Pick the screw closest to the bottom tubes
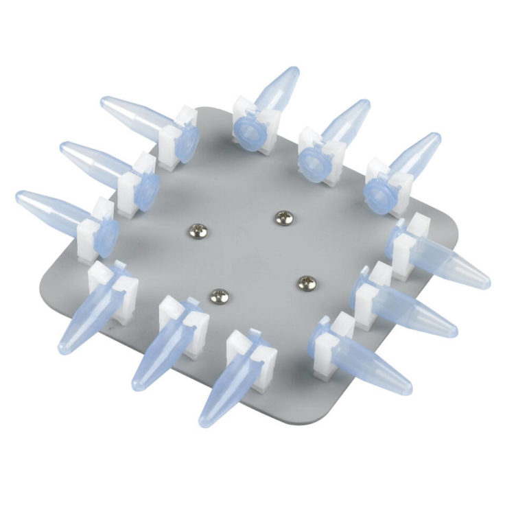point(218,296)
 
